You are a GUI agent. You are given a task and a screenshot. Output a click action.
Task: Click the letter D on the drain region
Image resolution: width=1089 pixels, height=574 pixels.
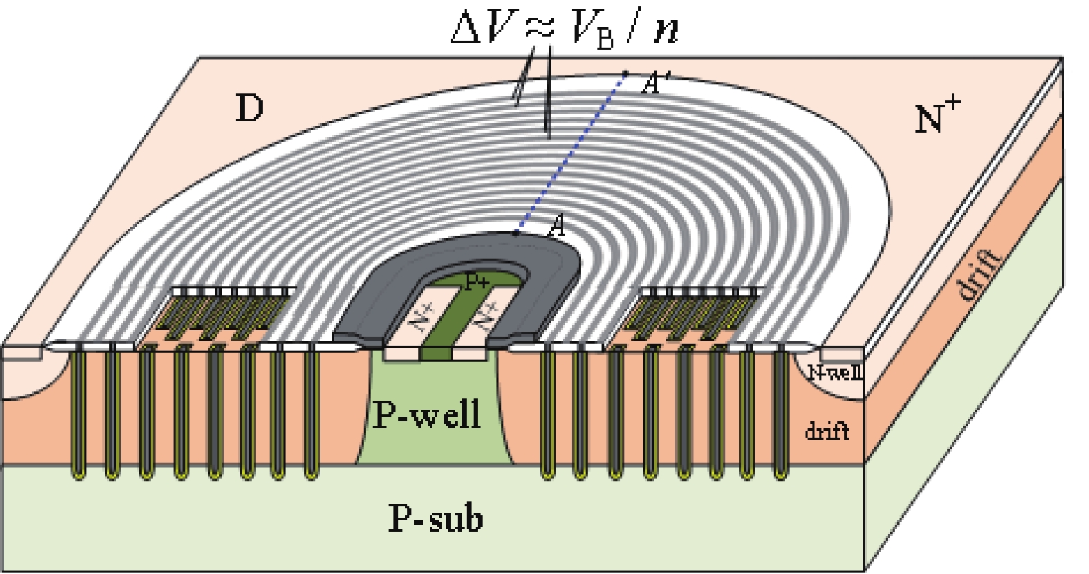click(x=250, y=108)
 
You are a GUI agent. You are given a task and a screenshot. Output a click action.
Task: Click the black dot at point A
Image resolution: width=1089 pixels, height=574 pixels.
click(x=516, y=233)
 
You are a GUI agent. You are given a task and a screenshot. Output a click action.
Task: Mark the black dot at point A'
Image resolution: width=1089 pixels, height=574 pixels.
click(x=625, y=73)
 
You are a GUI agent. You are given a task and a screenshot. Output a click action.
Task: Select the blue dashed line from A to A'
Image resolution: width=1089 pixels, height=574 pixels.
click(x=570, y=152)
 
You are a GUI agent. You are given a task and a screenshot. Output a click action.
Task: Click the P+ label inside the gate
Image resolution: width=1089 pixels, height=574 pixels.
click(x=476, y=282)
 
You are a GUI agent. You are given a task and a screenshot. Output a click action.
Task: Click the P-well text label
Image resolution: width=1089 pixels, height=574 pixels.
click(x=427, y=415)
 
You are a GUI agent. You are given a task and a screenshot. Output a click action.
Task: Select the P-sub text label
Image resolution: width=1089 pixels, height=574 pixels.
click(x=436, y=519)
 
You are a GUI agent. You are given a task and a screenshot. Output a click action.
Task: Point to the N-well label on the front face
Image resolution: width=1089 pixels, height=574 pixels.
click(x=835, y=373)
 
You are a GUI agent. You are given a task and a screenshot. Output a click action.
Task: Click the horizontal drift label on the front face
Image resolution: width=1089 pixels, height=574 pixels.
click(x=826, y=432)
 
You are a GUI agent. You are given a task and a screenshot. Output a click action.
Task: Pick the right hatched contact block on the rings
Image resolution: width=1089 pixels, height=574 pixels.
click(x=695, y=311)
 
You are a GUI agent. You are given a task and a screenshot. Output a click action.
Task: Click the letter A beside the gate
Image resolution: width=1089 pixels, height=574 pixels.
click(x=555, y=227)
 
